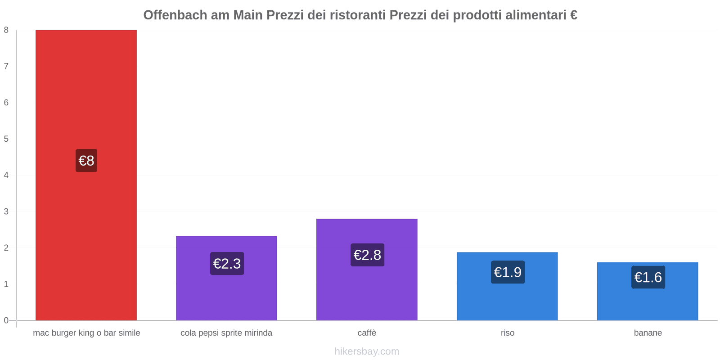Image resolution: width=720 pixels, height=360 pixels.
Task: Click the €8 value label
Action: coord(86,161)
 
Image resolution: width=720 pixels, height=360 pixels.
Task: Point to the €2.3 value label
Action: coord(227,264)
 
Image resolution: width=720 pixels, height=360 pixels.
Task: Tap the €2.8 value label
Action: coord(367,255)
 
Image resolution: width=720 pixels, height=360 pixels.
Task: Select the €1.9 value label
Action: coord(508,272)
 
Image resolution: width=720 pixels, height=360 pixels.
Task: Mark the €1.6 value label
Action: coord(648,277)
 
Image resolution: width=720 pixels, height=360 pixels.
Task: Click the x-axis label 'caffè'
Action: coord(367,333)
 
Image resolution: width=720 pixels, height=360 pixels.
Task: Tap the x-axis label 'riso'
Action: coord(507,333)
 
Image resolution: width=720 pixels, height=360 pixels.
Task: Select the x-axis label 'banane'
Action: coord(648,333)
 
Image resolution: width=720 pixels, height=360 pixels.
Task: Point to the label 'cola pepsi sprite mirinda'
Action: coord(226,333)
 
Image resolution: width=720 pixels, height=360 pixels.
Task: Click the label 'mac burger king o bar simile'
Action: coord(86,333)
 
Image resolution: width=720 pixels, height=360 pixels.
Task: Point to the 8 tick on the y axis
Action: coord(6,30)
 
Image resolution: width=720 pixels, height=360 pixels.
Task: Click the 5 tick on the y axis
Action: coord(6,139)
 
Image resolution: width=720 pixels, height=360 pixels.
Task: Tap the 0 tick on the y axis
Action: coord(6,320)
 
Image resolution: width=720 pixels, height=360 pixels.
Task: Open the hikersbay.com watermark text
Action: coord(367,351)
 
